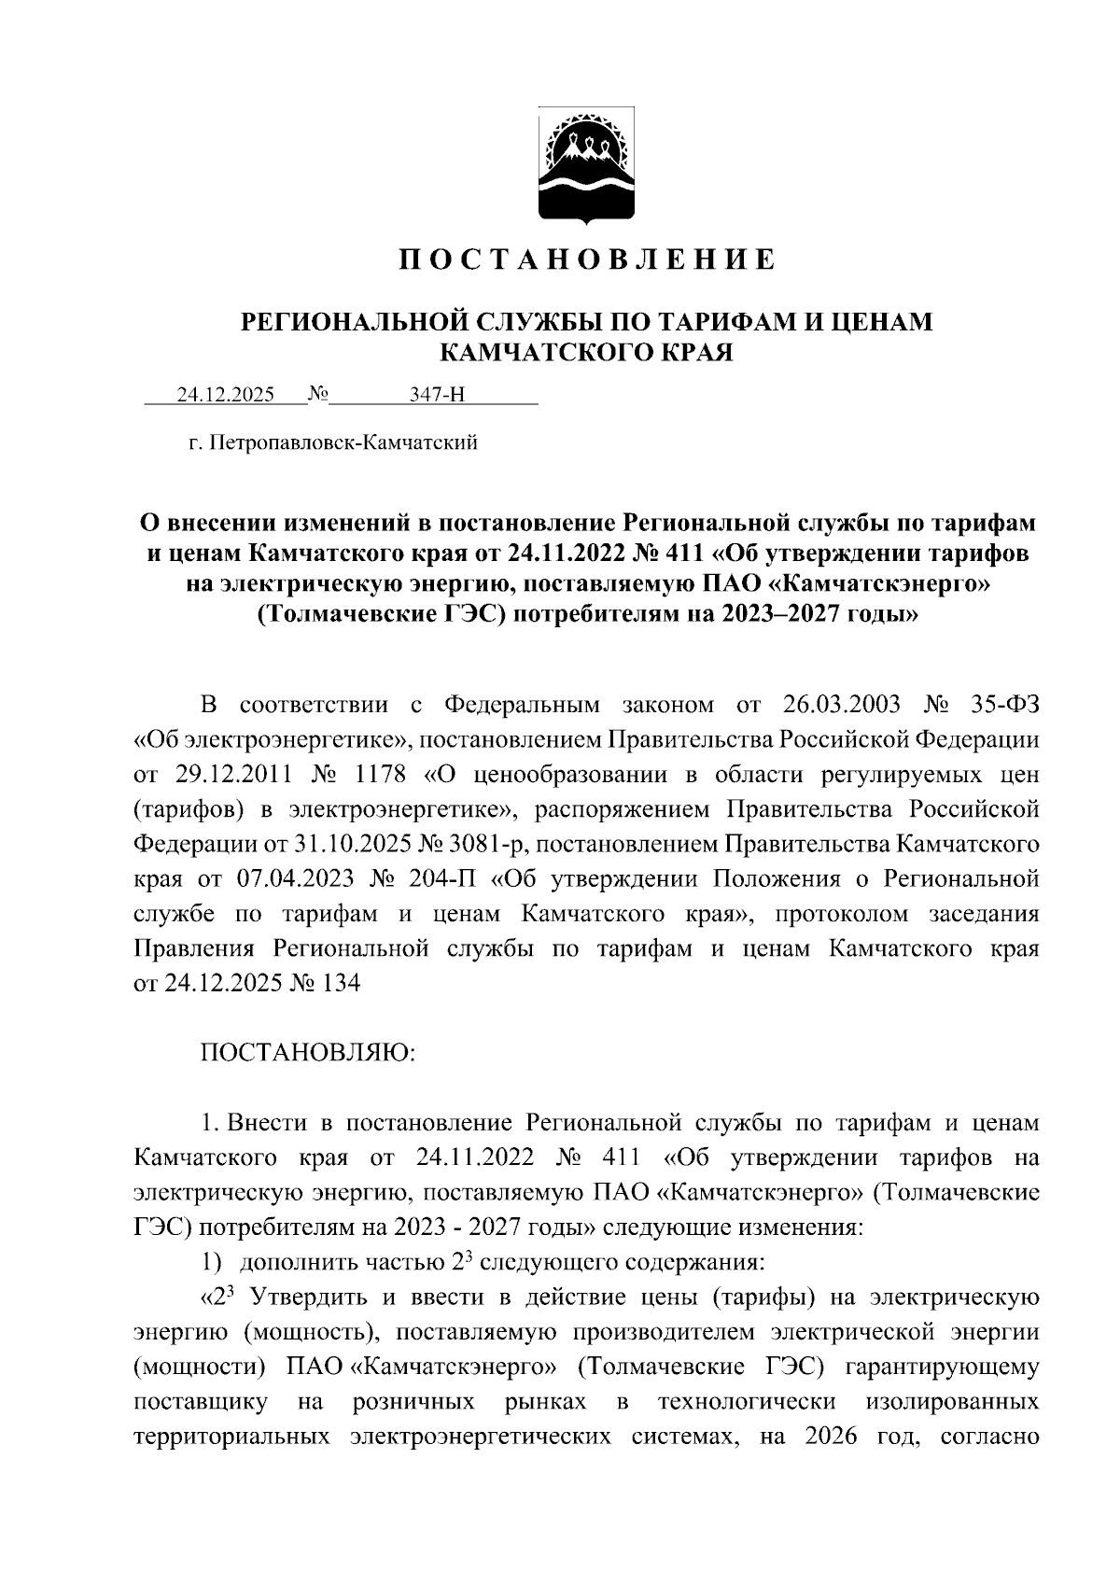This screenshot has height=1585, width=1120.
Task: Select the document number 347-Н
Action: tap(437, 394)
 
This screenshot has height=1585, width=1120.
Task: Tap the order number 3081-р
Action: tap(472, 844)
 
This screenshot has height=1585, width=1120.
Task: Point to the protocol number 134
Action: tap(340, 983)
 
